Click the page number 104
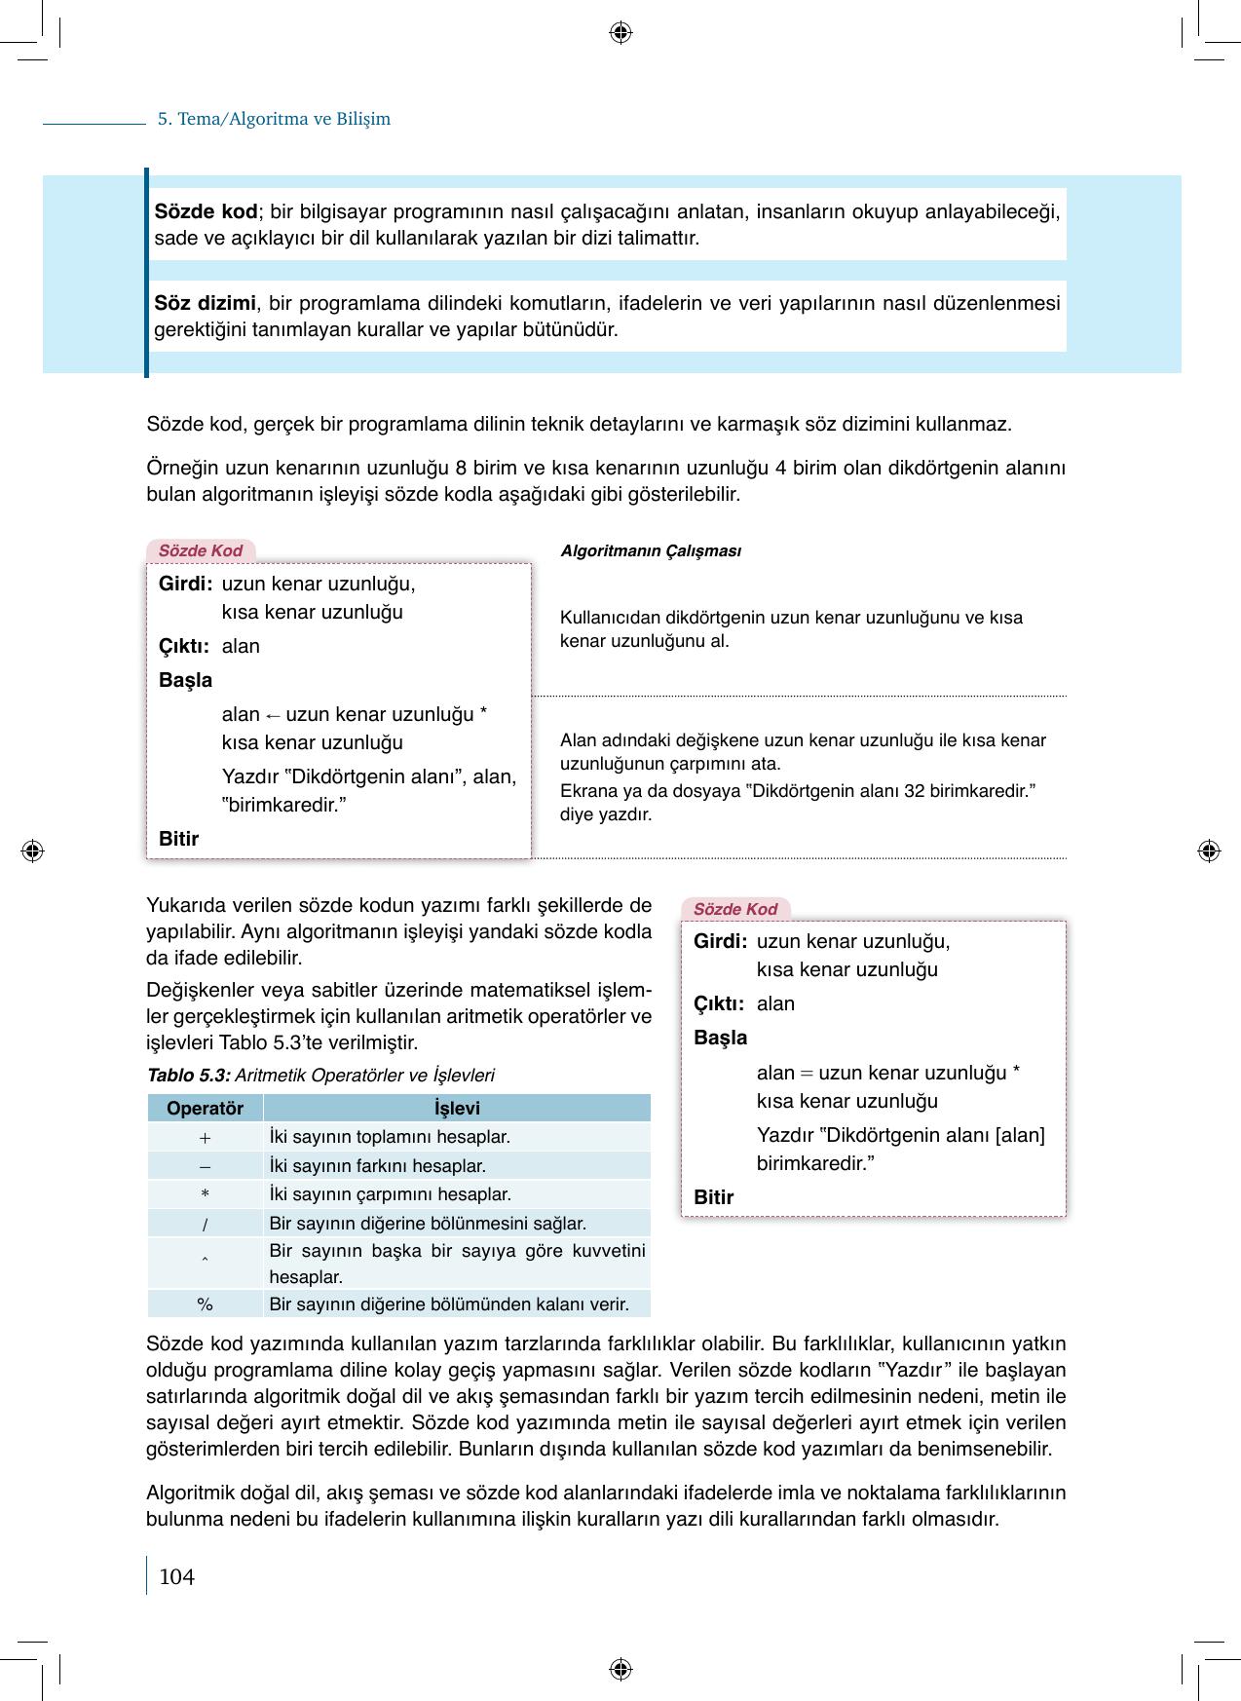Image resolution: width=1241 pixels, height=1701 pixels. tap(176, 1576)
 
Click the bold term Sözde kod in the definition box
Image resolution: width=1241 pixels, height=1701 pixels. tap(206, 211)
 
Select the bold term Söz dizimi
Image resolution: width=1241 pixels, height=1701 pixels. tap(205, 303)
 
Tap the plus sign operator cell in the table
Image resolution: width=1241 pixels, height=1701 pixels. tap(205, 1137)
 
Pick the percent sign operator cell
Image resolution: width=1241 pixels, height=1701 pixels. tap(205, 1304)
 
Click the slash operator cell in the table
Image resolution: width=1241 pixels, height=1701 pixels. tap(205, 1224)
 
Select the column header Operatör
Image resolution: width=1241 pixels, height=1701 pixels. tap(205, 1109)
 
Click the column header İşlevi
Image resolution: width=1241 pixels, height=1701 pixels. tap(457, 1109)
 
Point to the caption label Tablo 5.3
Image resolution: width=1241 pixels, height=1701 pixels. tap(188, 1076)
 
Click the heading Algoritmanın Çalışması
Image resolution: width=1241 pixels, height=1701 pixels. tap(651, 551)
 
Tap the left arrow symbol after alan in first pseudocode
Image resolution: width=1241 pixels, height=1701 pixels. tap(273, 715)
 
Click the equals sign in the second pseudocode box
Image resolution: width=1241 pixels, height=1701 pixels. tap(807, 1074)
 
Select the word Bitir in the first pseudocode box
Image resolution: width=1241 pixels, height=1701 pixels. tap(179, 839)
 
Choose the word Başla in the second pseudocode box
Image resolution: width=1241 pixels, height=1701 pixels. tap(720, 1038)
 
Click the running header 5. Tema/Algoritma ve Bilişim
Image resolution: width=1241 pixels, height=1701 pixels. tap(274, 119)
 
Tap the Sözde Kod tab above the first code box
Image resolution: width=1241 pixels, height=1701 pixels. tap(201, 550)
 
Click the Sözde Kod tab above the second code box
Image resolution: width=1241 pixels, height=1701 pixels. tap(735, 909)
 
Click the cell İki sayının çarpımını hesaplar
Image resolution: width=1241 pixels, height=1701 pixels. tap(390, 1194)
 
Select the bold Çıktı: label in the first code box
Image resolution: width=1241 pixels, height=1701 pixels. tap(184, 646)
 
